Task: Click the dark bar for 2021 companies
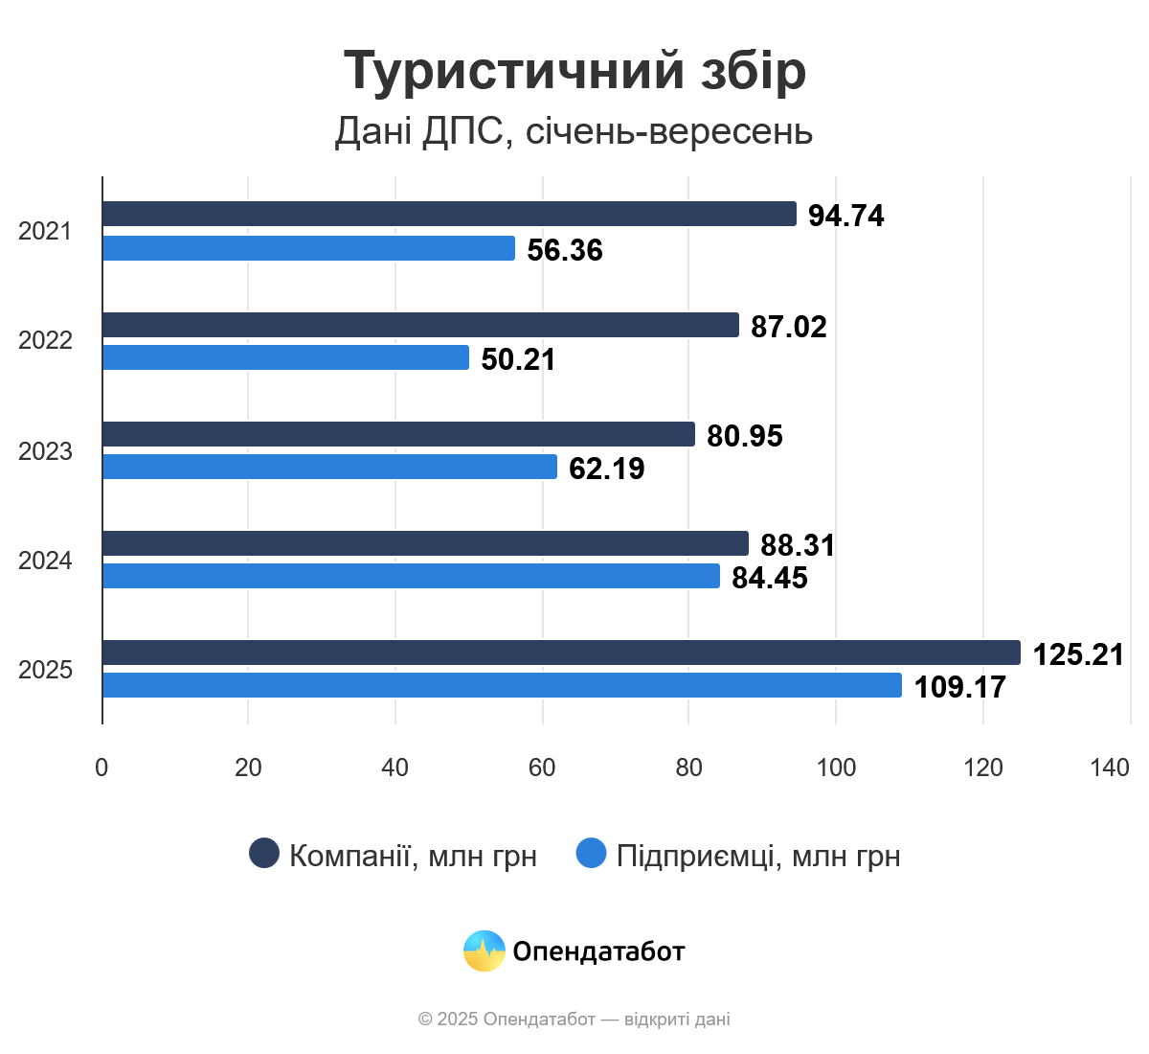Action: pos(449,214)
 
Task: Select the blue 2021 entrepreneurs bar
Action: pos(308,248)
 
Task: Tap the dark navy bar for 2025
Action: pos(561,653)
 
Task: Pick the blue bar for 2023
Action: pos(329,467)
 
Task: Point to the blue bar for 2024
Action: pos(411,576)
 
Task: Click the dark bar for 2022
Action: pos(420,325)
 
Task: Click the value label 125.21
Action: pos(1078,654)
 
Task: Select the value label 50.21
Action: pos(518,359)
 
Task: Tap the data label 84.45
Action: pos(770,578)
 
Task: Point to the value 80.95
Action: pos(745,436)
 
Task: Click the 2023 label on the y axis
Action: pos(45,450)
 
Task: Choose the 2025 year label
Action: pos(45,669)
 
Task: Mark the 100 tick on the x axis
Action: pos(836,768)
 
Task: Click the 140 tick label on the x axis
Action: pos(1110,768)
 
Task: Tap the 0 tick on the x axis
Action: pos(101,768)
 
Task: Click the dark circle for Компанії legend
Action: pos(264,853)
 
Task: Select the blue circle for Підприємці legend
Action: pos(592,853)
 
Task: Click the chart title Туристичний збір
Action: pos(574,70)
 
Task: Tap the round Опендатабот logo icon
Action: pos(484,951)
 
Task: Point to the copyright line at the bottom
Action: pos(574,1019)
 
